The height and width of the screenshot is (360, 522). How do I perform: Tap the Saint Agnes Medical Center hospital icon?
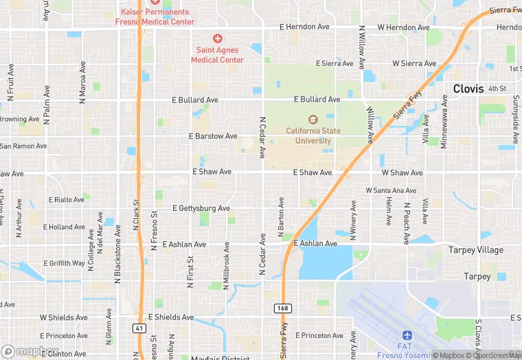[218, 38]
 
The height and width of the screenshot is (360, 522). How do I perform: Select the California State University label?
[313, 136]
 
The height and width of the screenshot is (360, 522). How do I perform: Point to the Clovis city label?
[469, 89]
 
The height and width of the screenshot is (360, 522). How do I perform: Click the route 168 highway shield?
[282, 308]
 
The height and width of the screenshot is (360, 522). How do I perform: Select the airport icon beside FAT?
[407, 334]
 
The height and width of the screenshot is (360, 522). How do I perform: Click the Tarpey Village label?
[476, 250]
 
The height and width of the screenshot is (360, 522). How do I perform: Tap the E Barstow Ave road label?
[213, 136]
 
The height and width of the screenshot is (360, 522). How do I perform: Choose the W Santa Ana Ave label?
[391, 190]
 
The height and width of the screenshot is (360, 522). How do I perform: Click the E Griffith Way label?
[65, 263]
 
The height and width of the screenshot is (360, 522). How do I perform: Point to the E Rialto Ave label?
[66, 199]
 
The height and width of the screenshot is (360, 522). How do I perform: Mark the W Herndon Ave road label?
[402, 27]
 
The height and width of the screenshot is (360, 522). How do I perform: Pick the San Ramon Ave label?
[23, 146]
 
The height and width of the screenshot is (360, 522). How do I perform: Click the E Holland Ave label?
[64, 227]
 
